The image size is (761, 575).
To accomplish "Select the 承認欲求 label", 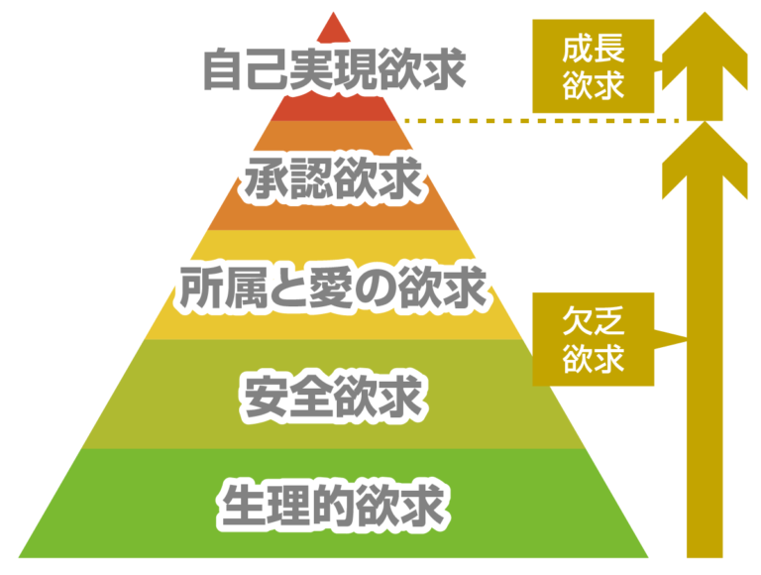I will click(x=334, y=180).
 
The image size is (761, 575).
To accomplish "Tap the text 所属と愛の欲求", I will click(x=334, y=287).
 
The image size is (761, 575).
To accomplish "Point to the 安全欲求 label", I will click(x=334, y=397).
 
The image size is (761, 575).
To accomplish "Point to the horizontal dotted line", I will click(x=540, y=121).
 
